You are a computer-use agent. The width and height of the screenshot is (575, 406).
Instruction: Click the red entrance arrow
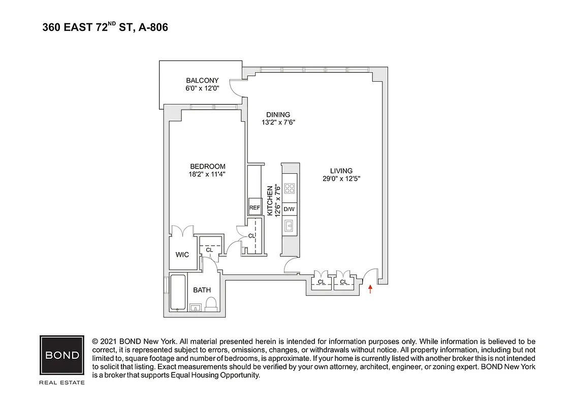(370, 289)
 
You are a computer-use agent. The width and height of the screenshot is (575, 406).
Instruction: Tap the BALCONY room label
(202, 80)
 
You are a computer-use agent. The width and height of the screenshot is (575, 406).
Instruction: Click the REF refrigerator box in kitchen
(254, 208)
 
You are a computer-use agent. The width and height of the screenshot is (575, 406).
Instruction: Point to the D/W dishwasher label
(290, 209)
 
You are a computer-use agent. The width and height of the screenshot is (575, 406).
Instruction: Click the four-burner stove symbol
(290, 189)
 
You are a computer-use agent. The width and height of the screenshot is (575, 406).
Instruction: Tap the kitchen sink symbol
(290, 226)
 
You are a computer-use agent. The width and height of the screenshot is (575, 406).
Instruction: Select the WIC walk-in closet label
(182, 254)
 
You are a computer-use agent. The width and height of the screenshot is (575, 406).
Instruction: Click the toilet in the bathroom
(211, 304)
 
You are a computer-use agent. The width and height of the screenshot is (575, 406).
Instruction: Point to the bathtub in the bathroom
(178, 292)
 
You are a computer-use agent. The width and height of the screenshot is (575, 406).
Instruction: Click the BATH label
(202, 290)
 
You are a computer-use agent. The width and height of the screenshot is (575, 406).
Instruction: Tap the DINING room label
(278, 114)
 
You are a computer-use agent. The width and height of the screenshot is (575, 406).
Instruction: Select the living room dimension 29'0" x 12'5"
(341, 178)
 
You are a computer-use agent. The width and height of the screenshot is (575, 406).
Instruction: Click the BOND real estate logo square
(62, 355)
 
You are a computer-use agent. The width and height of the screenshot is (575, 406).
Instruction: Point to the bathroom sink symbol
(196, 307)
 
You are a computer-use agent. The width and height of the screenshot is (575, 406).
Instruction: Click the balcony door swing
(236, 87)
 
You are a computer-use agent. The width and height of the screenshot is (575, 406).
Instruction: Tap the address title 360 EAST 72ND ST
(105, 27)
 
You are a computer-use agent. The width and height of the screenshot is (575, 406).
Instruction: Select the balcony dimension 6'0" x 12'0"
(202, 88)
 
